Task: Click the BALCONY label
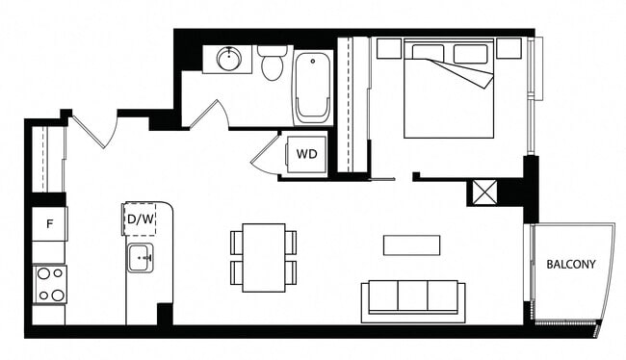(571, 264)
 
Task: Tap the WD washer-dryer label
(307, 154)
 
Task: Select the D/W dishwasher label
(141, 219)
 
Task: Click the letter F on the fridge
(48, 224)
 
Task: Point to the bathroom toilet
(273, 64)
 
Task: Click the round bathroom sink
(229, 60)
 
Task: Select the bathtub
(312, 89)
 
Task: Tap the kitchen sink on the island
(141, 258)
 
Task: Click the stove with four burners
(49, 284)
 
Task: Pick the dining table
(264, 257)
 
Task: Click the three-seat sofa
(413, 299)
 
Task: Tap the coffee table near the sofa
(411, 245)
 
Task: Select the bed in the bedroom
(449, 89)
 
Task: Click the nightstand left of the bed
(388, 48)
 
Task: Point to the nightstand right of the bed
(509, 48)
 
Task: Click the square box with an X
(483, 192)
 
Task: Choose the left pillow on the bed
(428, 53)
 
